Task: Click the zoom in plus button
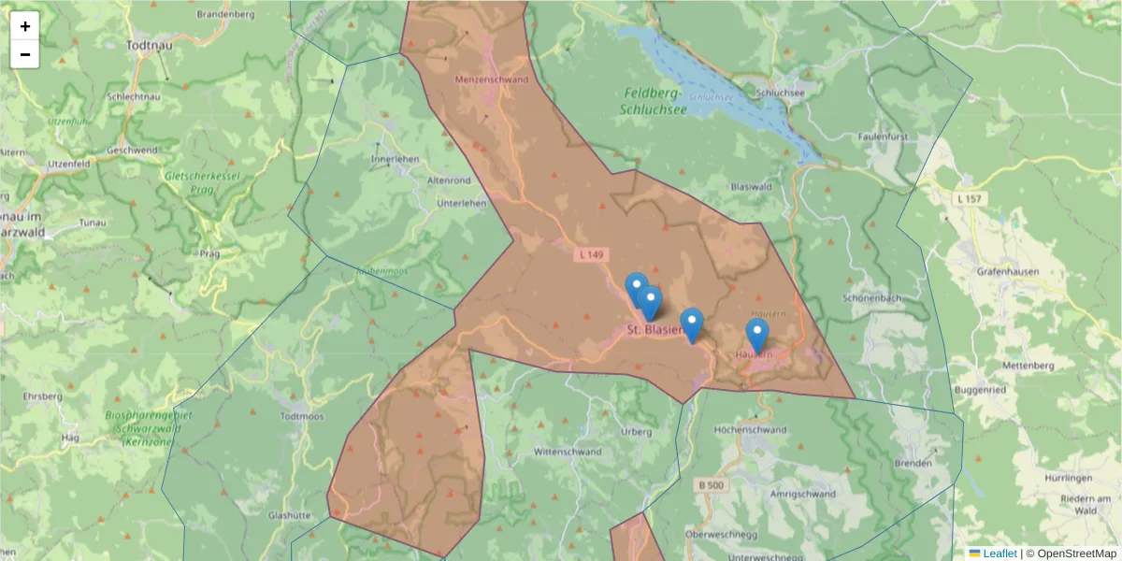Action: coord(25,26)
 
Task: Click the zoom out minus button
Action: coord(25,54)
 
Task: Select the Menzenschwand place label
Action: coord(491,79)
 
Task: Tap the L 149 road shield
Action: coord(591,253)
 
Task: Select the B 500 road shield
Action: coord(711,485)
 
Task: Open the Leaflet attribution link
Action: coord(1000,554)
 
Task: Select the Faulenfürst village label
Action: coord(884,137)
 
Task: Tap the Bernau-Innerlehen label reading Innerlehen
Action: coord(395,159)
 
